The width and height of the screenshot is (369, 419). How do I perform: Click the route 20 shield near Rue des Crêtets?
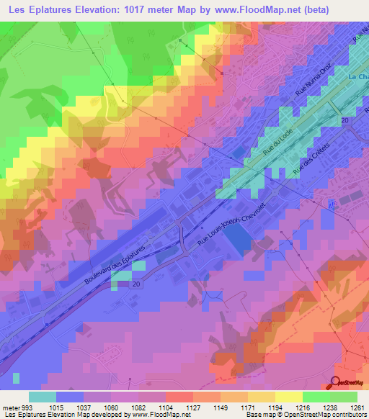pos(345,120)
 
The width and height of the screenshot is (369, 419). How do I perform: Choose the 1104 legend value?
pos(164,407)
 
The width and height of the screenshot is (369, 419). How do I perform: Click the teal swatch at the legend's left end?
pos(43,397)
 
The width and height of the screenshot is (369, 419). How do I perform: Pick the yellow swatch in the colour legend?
pos(288,397)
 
